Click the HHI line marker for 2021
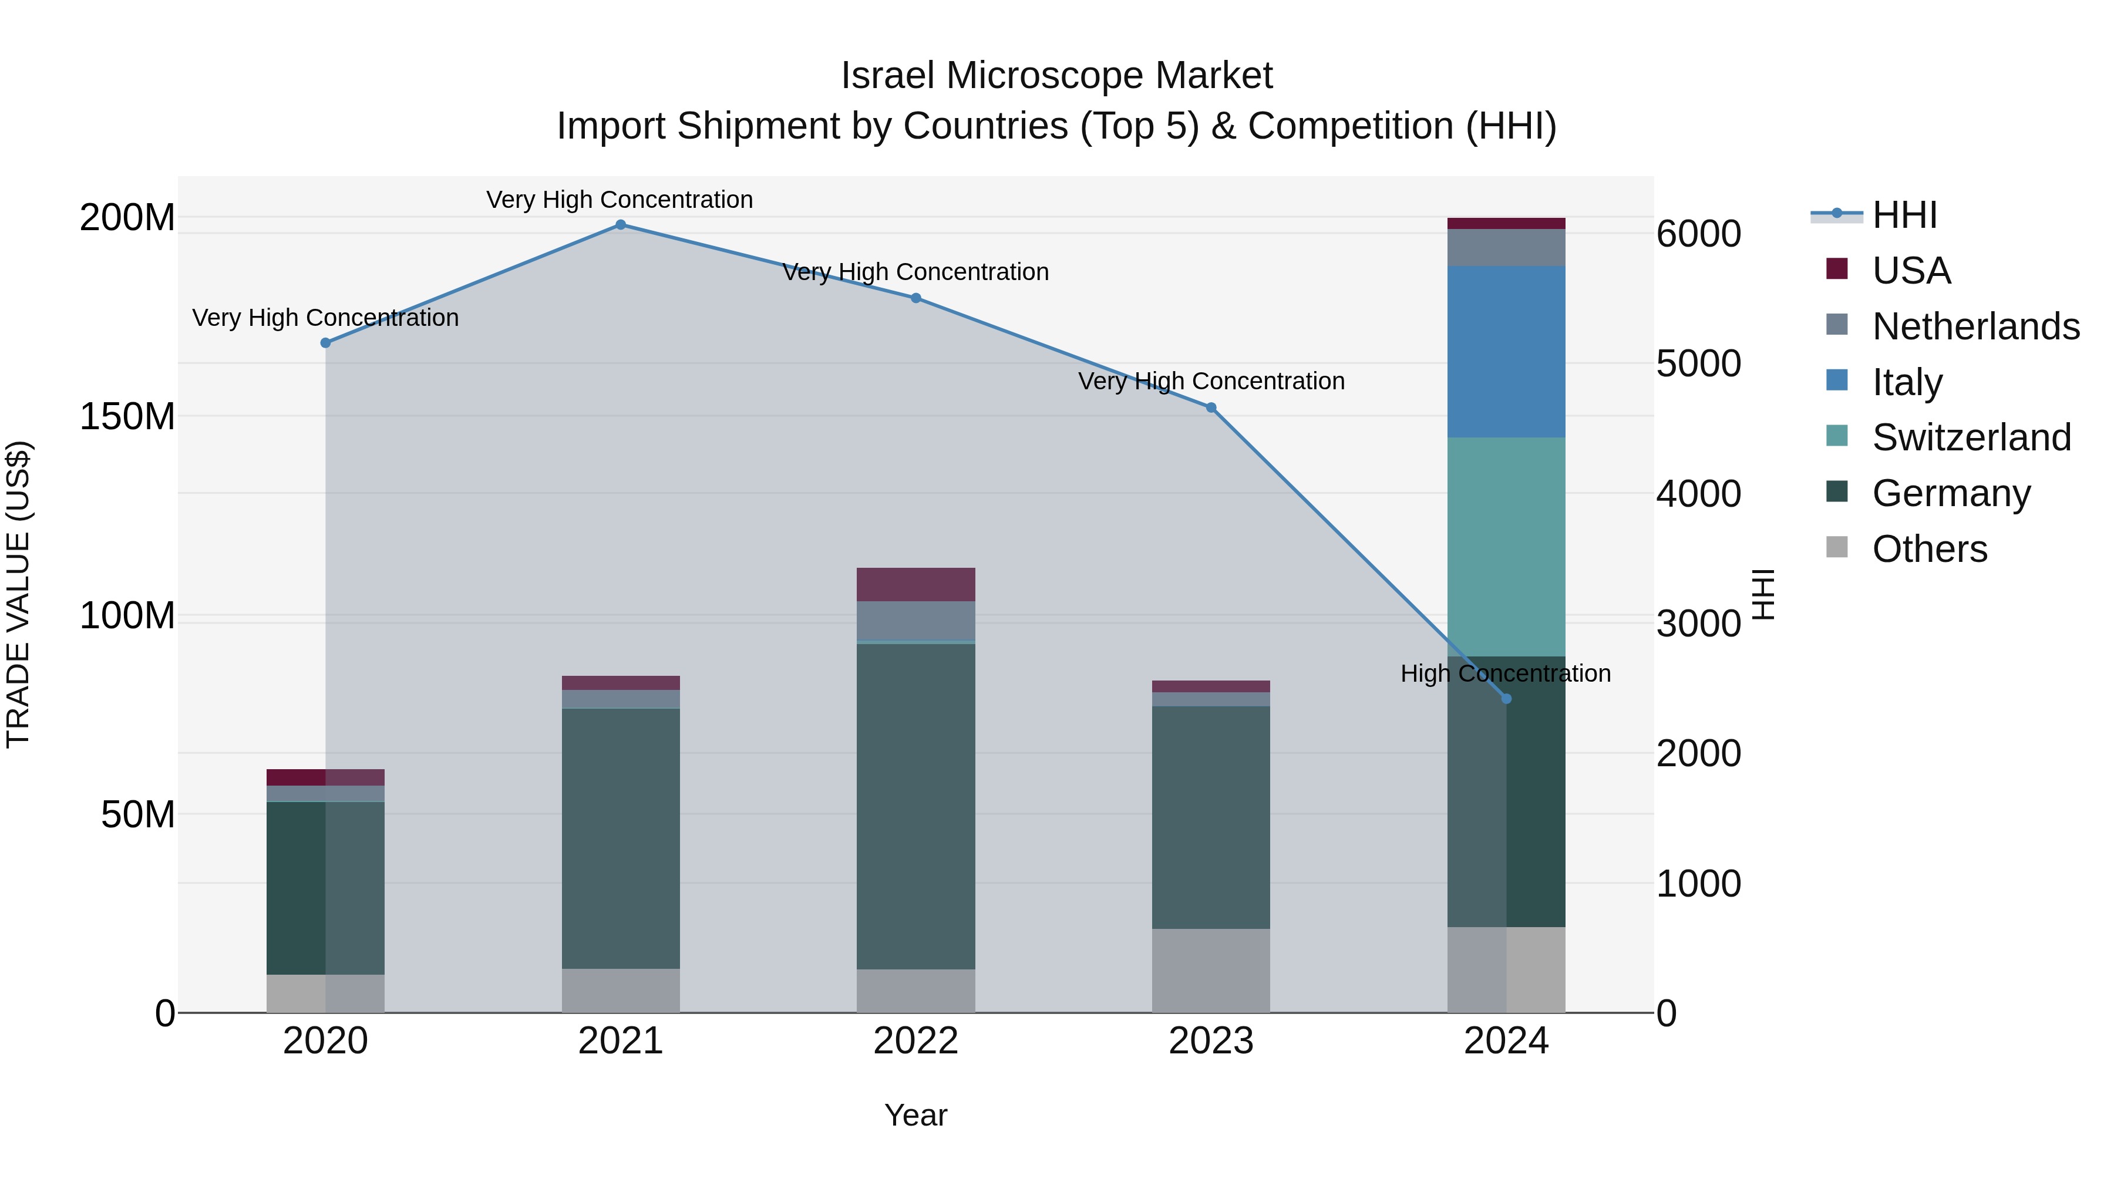point(621,225)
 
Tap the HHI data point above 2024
point(1506,699)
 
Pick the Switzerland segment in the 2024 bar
point(1506,547)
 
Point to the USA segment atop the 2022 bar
point(916,584)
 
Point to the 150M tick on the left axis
point(127,417)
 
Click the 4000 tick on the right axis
point(1698,494)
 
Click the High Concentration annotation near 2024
point(1506,673)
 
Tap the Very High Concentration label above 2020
point(326,318)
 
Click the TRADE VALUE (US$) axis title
point(18,594)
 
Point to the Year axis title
point(916,1115)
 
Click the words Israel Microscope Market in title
point(1056,76)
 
